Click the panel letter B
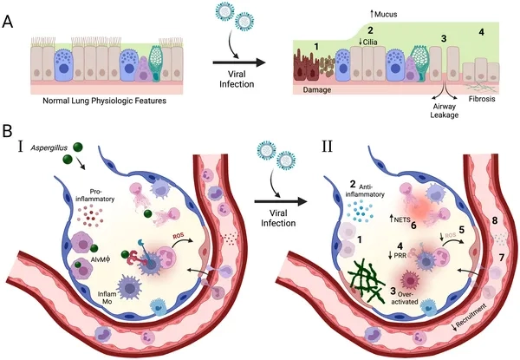click(x=9, y=134)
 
